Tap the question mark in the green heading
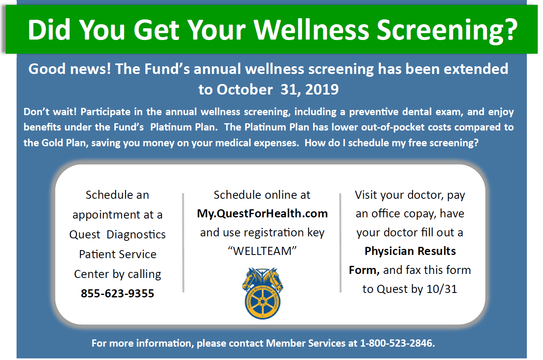coord(510,29)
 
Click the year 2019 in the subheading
coord(322,89)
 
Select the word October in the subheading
coord(244,89)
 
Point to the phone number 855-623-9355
coord(117,293)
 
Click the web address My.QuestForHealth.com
coord(262,214)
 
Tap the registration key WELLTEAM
coord(262,251)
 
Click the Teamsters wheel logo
coord(263,293)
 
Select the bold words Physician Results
coord(410,251)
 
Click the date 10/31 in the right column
coord(442,289)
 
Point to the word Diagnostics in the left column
coord(136,234)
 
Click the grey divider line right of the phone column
coord(183,243)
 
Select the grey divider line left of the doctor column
coord(340,243)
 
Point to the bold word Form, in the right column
coord(364,270)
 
